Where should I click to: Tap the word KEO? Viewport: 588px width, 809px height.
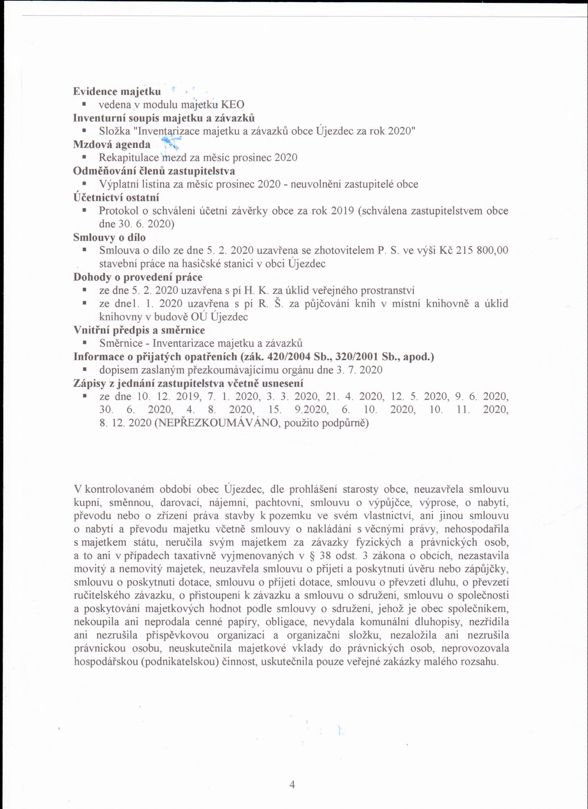click(x=233, y=105)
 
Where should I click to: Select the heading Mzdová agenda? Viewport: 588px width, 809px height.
click(x=112, y=145)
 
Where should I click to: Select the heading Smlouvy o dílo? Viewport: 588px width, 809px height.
click(x=109, y=237)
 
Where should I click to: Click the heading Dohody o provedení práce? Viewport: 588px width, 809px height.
click(x=138, y=277)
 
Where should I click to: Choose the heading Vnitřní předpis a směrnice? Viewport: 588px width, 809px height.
click(x=139, y=330)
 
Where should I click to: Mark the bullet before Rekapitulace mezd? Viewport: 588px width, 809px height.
click(x=84, y=157)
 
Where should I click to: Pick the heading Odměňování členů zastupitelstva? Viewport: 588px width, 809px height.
click(x=154, y=171)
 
